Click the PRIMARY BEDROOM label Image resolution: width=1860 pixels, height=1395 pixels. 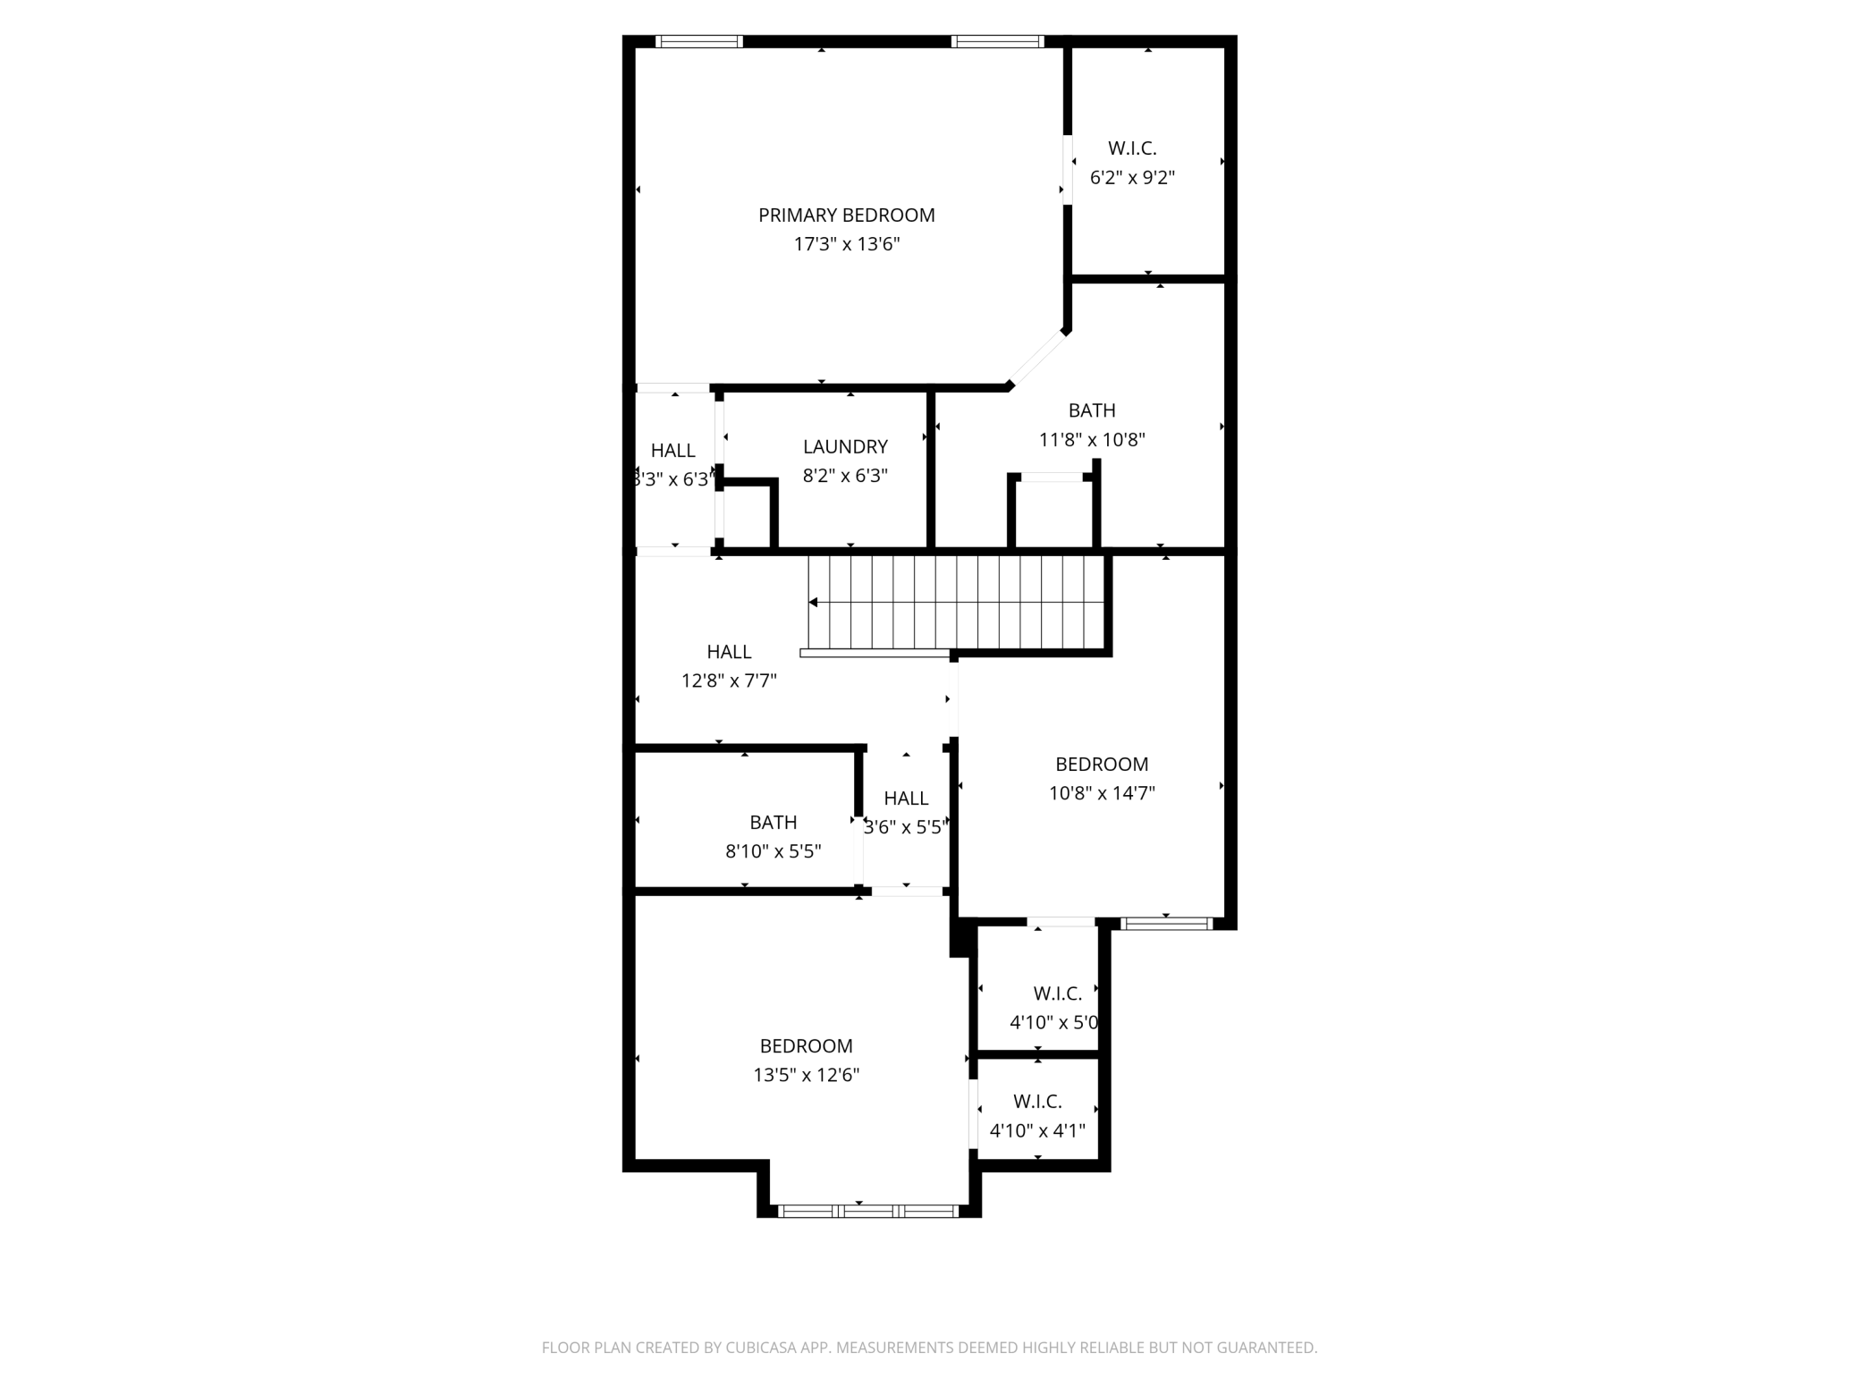(x=846, y=215)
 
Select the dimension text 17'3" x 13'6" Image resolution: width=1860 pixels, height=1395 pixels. (x=846, y=244)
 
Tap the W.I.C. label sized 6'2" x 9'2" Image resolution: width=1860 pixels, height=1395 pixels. (x=1132, y=148)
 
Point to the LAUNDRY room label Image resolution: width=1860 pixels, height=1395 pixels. (x=845, y=446)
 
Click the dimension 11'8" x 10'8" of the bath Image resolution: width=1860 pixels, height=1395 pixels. (x=1091, y=440)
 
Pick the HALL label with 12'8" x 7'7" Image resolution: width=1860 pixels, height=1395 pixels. (x=729, y=652)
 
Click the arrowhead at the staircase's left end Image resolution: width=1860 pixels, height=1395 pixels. (x=813, y=602)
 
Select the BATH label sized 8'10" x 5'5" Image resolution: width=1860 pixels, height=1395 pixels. (x=773, y=822)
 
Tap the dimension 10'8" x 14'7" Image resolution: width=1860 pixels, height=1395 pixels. (x=1102, y=793)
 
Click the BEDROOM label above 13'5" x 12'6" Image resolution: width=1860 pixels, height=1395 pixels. (x=806, y=1045)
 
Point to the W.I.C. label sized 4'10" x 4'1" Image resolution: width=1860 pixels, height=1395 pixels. (x=1037, y=1102)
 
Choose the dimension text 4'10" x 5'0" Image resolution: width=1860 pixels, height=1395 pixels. (x=1053, y=1022)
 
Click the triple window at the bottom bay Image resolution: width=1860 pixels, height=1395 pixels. (x=867, y=1211)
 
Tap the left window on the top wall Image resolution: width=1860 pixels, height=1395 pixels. (x=699, y=41)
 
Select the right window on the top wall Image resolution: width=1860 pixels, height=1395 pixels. (x=997, y=41)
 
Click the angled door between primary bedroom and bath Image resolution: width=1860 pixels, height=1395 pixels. (x=1037, y=359)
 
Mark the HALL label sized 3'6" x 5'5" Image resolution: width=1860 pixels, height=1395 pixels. (x=906, y=798)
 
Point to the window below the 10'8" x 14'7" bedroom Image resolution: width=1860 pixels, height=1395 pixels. (x=1166, y=924)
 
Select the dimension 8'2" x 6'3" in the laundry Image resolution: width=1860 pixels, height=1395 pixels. (x=845, y=476)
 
